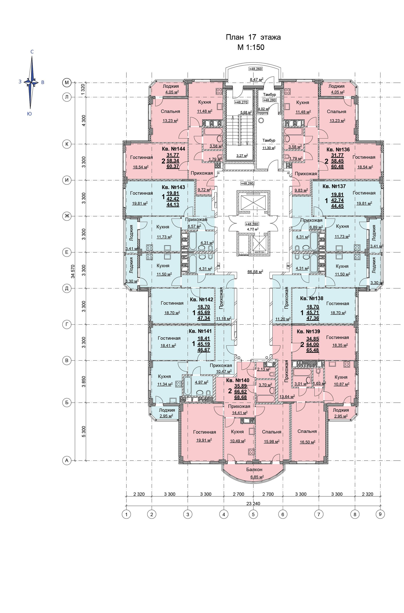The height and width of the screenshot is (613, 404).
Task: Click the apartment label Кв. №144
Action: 173,149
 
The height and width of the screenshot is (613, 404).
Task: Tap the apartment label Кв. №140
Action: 238,380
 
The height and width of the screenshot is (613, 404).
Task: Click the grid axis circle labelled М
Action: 67,83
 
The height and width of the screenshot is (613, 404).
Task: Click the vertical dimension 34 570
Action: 73,271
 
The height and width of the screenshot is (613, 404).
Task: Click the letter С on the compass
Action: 32,52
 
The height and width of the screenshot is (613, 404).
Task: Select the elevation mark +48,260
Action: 255,69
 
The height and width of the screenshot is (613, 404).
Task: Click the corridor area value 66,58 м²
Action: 255,271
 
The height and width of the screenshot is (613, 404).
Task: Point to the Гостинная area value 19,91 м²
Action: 204,440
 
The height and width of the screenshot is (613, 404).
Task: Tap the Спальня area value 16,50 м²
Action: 307,442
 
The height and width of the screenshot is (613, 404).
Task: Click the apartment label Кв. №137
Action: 334,186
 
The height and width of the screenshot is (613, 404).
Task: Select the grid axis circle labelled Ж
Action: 67,216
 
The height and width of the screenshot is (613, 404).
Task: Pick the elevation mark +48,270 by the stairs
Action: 241,102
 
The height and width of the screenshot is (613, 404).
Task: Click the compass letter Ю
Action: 29,114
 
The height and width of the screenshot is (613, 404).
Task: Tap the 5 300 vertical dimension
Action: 84,432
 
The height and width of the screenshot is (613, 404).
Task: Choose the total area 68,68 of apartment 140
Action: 240,397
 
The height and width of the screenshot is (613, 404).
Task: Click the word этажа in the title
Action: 271,37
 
